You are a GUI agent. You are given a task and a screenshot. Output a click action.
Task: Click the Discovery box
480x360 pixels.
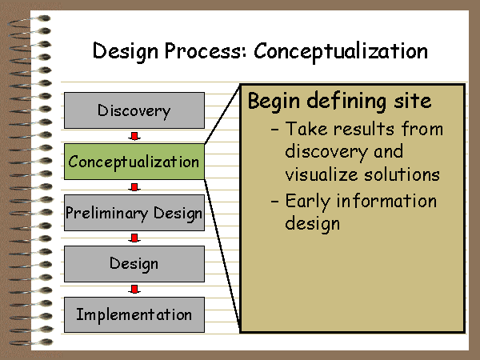(x=134, y=110)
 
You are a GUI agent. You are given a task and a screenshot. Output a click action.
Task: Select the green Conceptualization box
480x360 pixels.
(x=134, y=162)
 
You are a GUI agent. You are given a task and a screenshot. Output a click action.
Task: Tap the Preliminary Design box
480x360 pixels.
(x=134, y=213)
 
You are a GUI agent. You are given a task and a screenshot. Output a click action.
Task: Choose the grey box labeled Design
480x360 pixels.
(x=134, y=263)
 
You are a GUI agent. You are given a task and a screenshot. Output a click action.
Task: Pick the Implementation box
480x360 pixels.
(x=134, y=314)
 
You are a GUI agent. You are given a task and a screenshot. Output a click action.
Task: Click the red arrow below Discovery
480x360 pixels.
(x=134, y=136)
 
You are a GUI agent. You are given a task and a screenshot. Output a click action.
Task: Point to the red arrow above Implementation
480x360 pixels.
(x=134, y=290)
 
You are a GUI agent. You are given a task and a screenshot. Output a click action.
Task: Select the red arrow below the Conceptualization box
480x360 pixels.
(x=134, y=187)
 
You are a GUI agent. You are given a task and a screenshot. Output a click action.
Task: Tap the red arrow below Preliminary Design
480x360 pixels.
(x=134, y=238)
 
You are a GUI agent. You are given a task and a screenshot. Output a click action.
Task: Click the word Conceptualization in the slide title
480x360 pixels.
(x=341, y=51)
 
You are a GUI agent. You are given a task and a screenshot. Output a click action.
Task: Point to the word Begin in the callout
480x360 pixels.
(x=274, y=102)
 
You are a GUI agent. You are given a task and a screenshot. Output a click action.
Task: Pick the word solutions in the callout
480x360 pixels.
(x=402, y=174)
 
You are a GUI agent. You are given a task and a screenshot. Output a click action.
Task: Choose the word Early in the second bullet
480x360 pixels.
(x=308, y=202)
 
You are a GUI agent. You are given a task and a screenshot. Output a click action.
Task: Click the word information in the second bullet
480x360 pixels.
(x=386, y=201)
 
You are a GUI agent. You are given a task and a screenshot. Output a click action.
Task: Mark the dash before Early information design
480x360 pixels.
(x=274, y=202)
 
